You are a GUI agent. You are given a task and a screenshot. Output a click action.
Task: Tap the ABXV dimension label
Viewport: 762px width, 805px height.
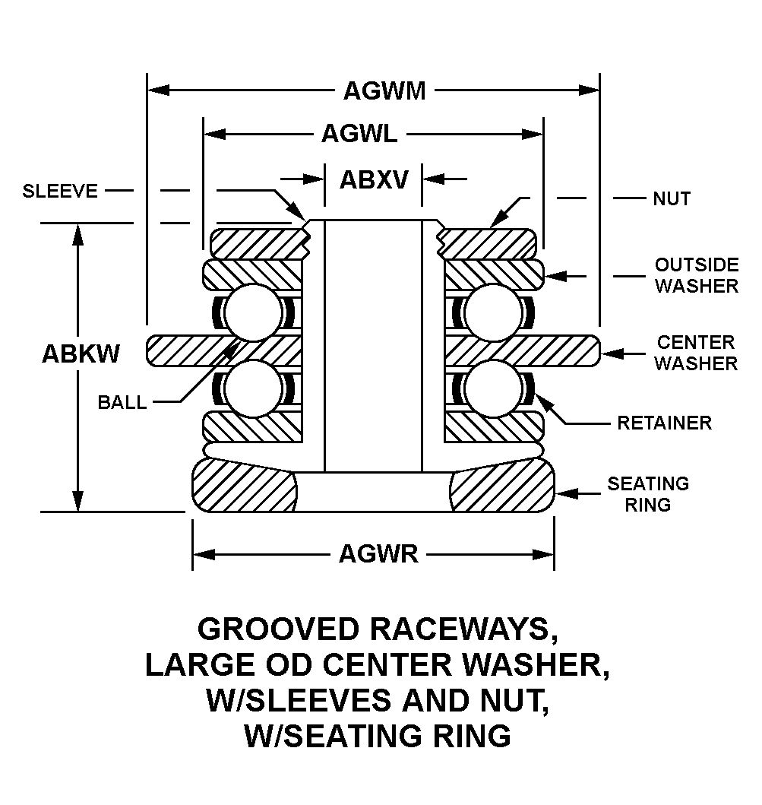(374, 180)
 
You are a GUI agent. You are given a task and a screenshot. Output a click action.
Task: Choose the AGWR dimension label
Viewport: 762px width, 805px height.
(378, 554)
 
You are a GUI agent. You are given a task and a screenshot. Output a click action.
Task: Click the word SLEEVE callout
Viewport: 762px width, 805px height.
(61, 191)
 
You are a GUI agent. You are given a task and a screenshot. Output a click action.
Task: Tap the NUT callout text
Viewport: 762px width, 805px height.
(672, 199)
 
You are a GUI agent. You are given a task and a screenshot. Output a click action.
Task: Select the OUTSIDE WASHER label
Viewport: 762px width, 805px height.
(697, 275)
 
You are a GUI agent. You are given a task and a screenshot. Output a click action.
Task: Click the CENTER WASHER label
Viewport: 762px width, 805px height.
(696, 353)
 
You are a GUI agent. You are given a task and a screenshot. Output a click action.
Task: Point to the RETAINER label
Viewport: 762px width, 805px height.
(664, 423)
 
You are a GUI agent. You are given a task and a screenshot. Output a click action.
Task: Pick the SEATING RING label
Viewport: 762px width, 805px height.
(648, 493)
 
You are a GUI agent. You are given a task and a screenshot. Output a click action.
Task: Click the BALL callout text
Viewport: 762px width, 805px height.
(122, 403)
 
